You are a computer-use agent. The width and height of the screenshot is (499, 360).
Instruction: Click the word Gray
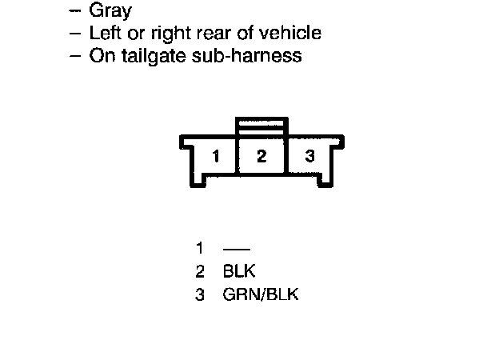[x=111, y=11]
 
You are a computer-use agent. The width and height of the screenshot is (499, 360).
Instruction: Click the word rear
[x=210, y=34]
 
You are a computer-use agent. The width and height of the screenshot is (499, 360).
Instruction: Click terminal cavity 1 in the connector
[x=215, y=156]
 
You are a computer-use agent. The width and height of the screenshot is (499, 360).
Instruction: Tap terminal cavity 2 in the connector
[x=261, y=156]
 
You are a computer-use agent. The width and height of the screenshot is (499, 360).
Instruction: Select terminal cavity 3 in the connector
[x=309, y=156]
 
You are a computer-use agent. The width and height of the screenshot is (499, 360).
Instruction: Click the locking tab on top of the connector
[x=261, y=128]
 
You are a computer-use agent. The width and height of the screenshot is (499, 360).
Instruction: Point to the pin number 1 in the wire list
[x=199, y=249]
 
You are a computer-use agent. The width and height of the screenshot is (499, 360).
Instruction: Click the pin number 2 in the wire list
[x=199, y=271]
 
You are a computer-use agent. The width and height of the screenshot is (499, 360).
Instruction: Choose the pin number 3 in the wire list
[x=199, y=294]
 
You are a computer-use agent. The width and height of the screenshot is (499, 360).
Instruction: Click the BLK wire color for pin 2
[x=239, y=271]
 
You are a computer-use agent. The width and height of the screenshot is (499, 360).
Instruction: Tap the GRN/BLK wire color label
[x=260, y=294]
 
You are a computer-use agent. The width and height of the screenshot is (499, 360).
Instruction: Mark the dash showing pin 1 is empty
[x=238, y=250]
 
